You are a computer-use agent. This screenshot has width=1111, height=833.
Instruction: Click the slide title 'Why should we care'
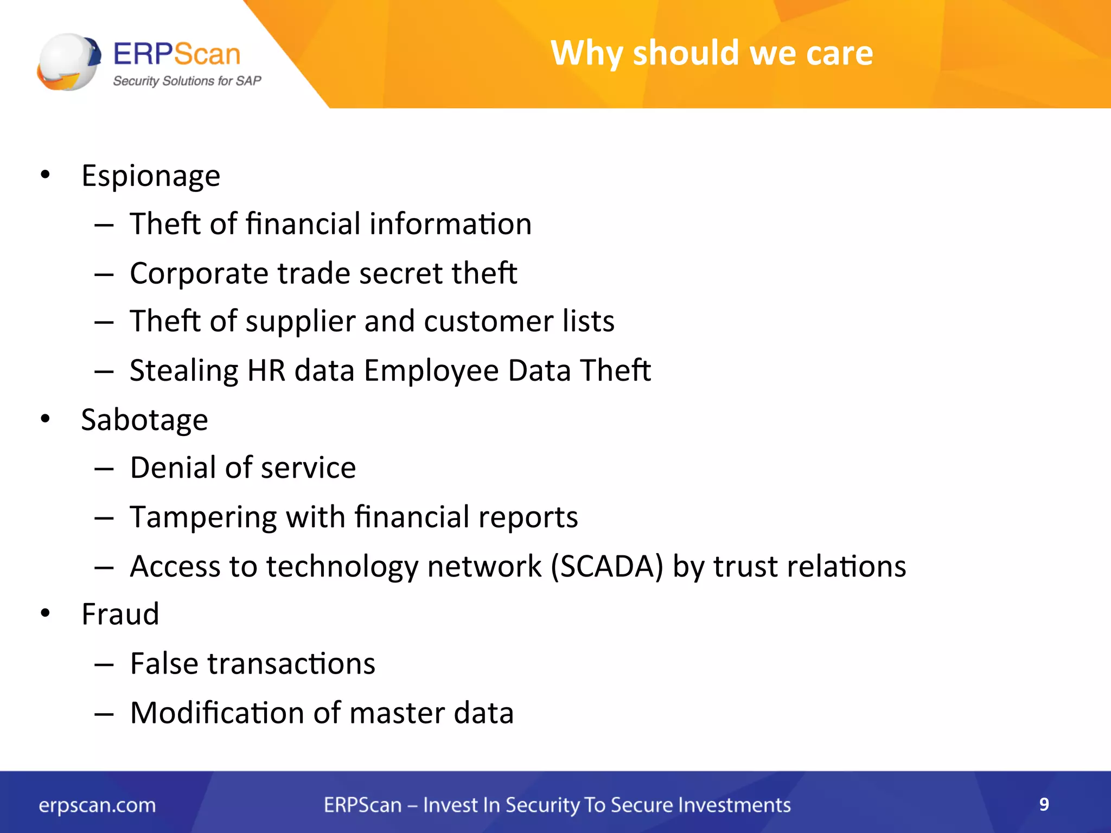[x=712, y=53]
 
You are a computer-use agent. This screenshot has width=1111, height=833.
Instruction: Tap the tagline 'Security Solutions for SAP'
[x=187, y=81]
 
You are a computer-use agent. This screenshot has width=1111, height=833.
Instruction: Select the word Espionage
[x=151, y=176]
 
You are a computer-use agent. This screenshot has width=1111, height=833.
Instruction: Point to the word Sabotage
[x=144, y=420]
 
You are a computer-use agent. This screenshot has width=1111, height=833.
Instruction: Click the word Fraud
[x=120, y=614]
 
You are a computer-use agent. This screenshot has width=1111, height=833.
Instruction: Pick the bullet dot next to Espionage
[x=45, y=175]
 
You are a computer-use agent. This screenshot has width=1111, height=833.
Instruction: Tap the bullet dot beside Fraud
[x=45, y=613]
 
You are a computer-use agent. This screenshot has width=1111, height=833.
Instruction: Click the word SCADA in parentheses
[x=607, y=566]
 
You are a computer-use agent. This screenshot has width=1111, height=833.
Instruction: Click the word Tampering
[x=203, y=517]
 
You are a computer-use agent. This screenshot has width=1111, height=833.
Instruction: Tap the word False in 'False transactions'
[x=164, y=663]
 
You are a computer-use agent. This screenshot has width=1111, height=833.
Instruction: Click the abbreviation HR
[x=266, y=370]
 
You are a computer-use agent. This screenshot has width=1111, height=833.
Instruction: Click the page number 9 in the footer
[x=1044, y=804]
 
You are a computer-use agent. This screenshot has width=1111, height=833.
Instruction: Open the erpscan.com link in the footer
[x=97, y=805]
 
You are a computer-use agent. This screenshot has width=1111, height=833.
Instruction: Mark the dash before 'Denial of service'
[x=104, y=469]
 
